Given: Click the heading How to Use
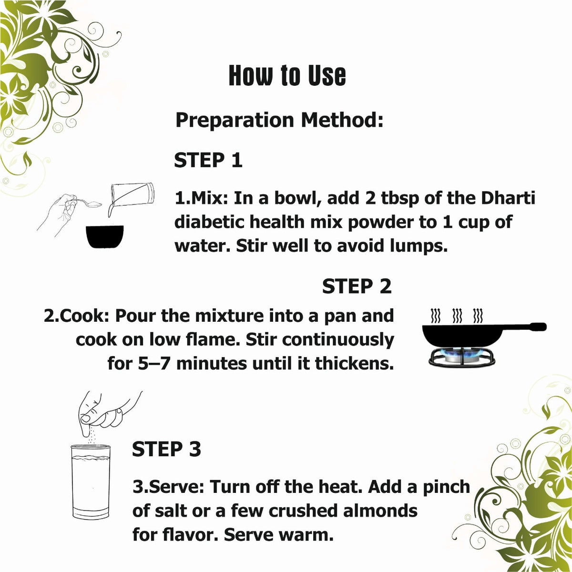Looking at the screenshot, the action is point(287,75).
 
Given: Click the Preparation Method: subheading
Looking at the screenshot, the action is point(279,120).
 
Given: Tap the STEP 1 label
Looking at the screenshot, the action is point(208,160).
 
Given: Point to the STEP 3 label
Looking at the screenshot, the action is point(166,449).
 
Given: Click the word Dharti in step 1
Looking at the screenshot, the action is point(508,198).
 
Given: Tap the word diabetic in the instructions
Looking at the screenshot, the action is point(210,222).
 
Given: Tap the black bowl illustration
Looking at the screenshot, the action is point(105,236).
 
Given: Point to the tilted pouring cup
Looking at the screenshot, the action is point(132,196).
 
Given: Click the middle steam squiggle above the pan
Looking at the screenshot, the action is point(456,317).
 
